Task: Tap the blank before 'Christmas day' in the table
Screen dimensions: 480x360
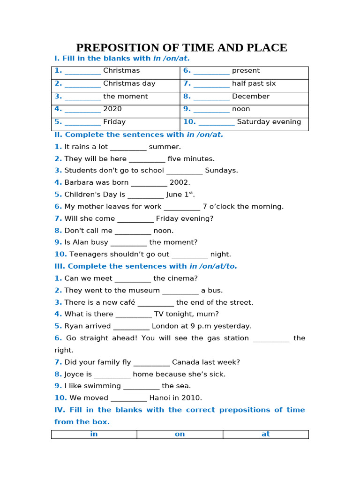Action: [82, 84]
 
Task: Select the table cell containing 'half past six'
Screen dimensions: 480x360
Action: [244, 84]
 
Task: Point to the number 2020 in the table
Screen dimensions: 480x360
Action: [112, 109]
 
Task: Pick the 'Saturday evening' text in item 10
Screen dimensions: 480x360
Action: [269, 122]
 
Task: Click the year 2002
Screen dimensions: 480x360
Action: [180, 183]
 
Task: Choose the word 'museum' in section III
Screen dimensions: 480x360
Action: [147, 291]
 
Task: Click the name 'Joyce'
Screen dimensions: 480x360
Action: [74, 374]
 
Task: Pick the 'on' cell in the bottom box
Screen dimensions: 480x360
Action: [180, 435]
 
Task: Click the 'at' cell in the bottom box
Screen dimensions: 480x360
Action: [266, 435]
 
